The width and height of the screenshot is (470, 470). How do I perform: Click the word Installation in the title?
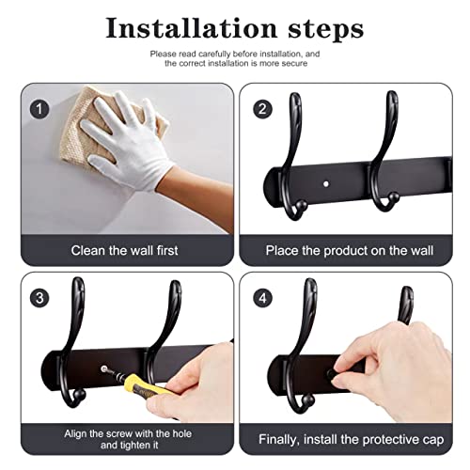coord(192,28)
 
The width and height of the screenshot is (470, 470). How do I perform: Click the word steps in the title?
coord(326,30)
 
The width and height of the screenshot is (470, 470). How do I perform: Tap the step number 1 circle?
coord(39,109)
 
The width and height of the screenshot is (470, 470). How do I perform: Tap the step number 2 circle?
coord(262,109)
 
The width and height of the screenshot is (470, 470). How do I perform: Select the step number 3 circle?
coord(39,298)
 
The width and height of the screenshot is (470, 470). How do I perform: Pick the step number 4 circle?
coord(262,298)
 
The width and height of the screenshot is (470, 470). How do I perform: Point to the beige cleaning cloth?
coord(82,132)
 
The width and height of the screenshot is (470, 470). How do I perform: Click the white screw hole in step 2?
coord(326,183)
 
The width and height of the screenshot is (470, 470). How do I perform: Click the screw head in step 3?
coord(103,368)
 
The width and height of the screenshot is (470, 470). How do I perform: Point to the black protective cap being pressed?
coord(331,374)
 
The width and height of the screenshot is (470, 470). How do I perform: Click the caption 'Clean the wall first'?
coord(124,250)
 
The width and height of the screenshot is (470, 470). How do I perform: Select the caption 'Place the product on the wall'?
coord(350,251)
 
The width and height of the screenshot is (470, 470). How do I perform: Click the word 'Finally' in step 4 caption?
coord(278,440)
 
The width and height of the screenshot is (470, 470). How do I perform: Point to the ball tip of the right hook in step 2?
coord(394,196)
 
